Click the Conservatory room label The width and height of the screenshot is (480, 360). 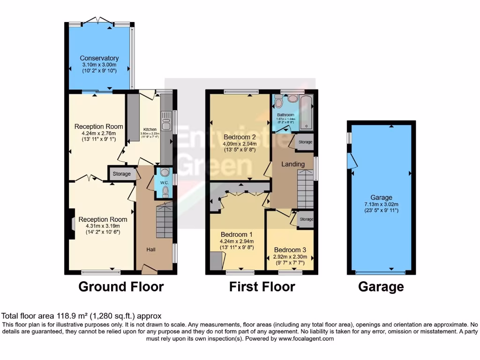point(99,58)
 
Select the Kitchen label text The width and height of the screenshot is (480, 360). point(150,129)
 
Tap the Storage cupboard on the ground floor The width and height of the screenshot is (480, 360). point(122,174)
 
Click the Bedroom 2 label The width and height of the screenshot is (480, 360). point(240,137)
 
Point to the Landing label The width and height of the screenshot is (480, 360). point(293,164)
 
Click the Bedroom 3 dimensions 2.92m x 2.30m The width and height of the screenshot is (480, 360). point(290,256)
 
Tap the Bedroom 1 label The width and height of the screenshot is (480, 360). point(237,234)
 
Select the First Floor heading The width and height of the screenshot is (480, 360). point(262,286)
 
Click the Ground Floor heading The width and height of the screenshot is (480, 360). point(121,286)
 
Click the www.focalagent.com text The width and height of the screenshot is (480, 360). point(307,338)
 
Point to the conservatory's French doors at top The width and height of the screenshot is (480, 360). point(98,21)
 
